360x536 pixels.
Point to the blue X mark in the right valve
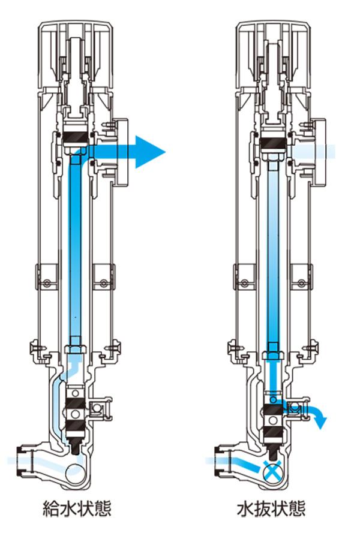[274, 469]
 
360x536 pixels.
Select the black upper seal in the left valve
[77, 138]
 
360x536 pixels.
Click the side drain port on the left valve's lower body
[98, 409]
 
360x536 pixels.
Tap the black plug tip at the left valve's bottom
[77, 446]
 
